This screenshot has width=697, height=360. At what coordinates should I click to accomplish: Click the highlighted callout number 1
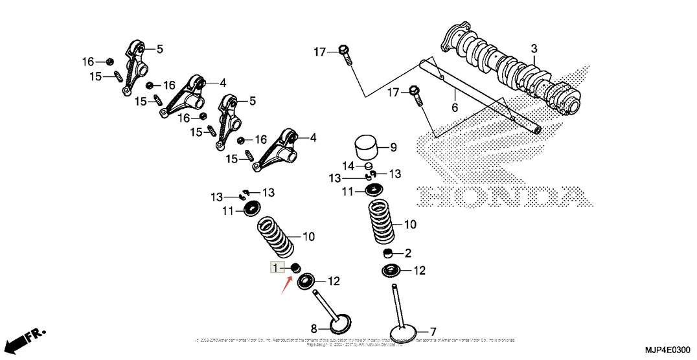(x=277, y=268)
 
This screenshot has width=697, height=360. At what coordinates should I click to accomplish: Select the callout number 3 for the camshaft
(x=534, y=49)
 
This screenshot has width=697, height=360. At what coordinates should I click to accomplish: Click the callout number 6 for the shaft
(x=454, y=107)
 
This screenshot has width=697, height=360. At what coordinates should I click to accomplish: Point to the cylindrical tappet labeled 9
(x=367, y=148)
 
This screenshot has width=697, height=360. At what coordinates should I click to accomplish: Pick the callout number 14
(x=348, y=165)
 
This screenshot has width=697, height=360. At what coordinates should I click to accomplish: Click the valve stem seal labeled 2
(x=389, y=253)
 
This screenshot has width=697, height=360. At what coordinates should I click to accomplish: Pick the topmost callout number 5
(x=159, y=49)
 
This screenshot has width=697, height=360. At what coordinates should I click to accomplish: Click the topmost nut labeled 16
(x=109, y=62)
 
